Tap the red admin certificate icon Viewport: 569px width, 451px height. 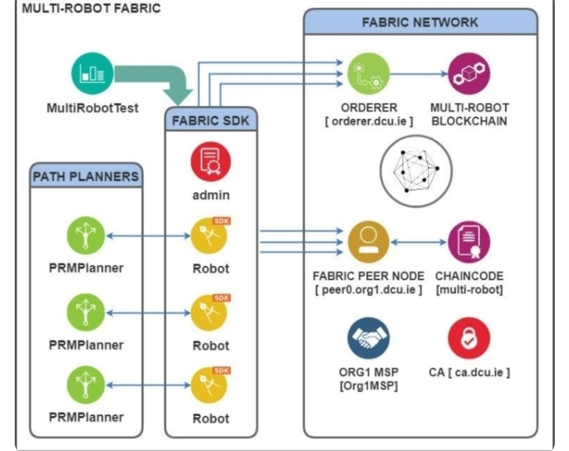click(211, 161)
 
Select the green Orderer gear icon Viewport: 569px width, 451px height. click(368, 74)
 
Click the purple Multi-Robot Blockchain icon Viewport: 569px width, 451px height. click(469, 74)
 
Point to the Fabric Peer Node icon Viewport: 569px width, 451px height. click(368, 242)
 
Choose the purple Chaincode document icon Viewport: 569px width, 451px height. click(469, 242)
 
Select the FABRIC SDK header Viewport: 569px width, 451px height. click(211, 121)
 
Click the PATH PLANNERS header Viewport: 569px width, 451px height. click(86, 176)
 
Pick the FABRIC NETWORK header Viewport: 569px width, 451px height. click(420, 23)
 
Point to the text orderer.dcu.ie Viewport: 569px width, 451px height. click(369, 121)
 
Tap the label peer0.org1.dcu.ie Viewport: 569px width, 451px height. click(368, 290)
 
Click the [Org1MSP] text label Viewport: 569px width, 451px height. click(368, 386)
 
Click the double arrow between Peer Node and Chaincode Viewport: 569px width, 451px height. click(419, 242)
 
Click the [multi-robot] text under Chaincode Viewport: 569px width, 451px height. click(469, 290)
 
